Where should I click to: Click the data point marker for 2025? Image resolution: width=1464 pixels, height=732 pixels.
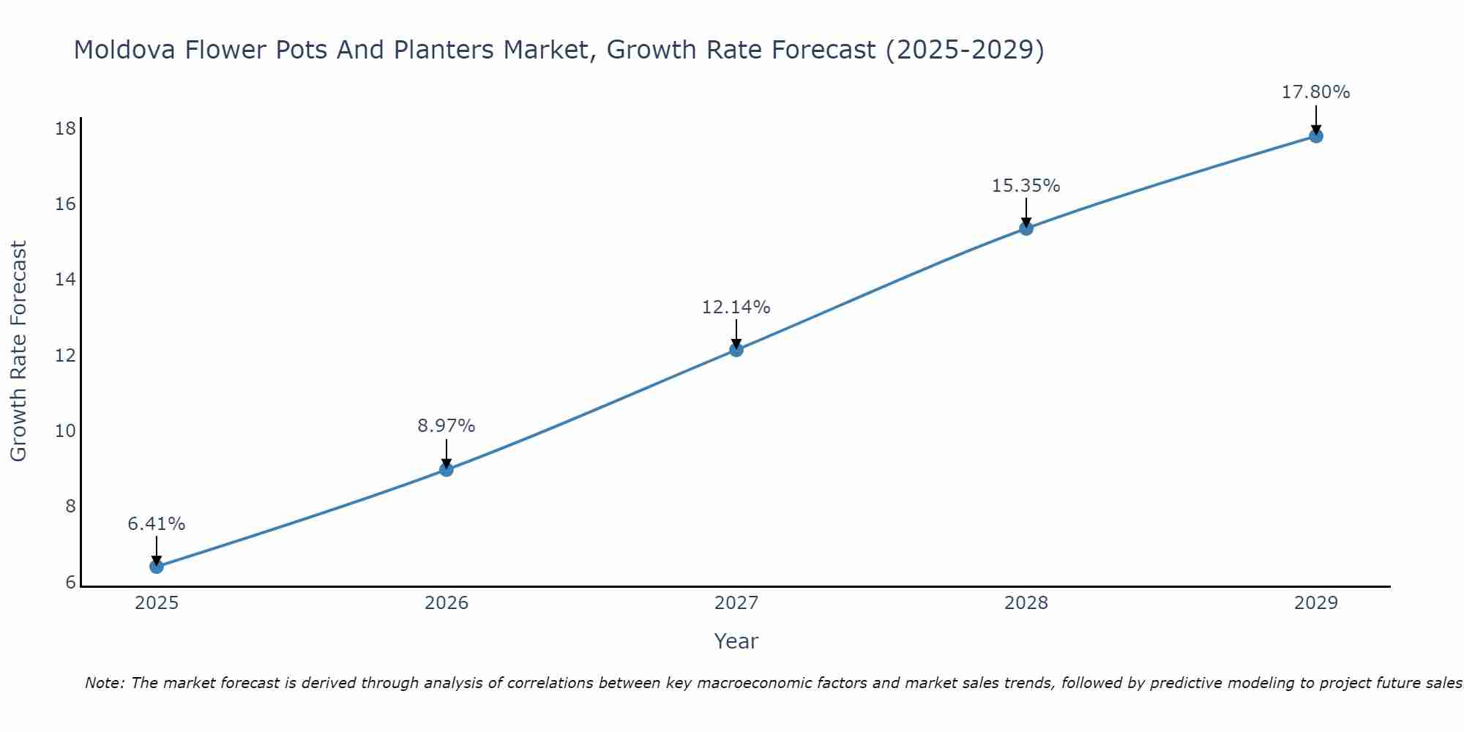[x=157, y=567]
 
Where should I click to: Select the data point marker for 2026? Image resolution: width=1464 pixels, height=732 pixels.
[x=447, y=469]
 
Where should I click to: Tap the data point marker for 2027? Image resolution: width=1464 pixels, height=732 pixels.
[x=736, y=350]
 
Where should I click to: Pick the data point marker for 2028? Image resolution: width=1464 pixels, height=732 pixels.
[x=1026, y=228]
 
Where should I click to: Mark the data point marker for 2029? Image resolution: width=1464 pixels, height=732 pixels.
[x=1316, y=136]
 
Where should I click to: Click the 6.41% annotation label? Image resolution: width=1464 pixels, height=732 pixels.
[x=157, y=524]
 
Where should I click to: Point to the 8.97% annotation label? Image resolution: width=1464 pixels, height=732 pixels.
[x=447, y=426]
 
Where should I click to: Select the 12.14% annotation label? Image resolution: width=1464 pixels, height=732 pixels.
[x=736, y=307]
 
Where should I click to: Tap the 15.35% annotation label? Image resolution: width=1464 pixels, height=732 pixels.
[x=1026, y=186]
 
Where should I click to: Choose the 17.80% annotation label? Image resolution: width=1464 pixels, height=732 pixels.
[x=1316, y=92]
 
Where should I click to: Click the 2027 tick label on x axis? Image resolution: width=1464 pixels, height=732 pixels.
[x=736, y=603]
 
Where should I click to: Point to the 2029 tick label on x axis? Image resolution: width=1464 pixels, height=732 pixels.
[x=1316, y=603]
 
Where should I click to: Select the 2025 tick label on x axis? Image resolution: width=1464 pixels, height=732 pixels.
[x=157, y=603]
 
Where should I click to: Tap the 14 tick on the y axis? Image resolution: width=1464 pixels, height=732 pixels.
[x=66, y=280]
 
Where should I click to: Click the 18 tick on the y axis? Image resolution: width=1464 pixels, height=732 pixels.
[x=66, y=129]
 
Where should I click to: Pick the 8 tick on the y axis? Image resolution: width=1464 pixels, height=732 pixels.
[x=70, y=507]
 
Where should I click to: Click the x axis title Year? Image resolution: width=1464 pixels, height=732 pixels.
[x=736, y=641]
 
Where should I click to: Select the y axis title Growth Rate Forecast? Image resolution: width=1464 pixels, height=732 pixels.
[x=19, y=351]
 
